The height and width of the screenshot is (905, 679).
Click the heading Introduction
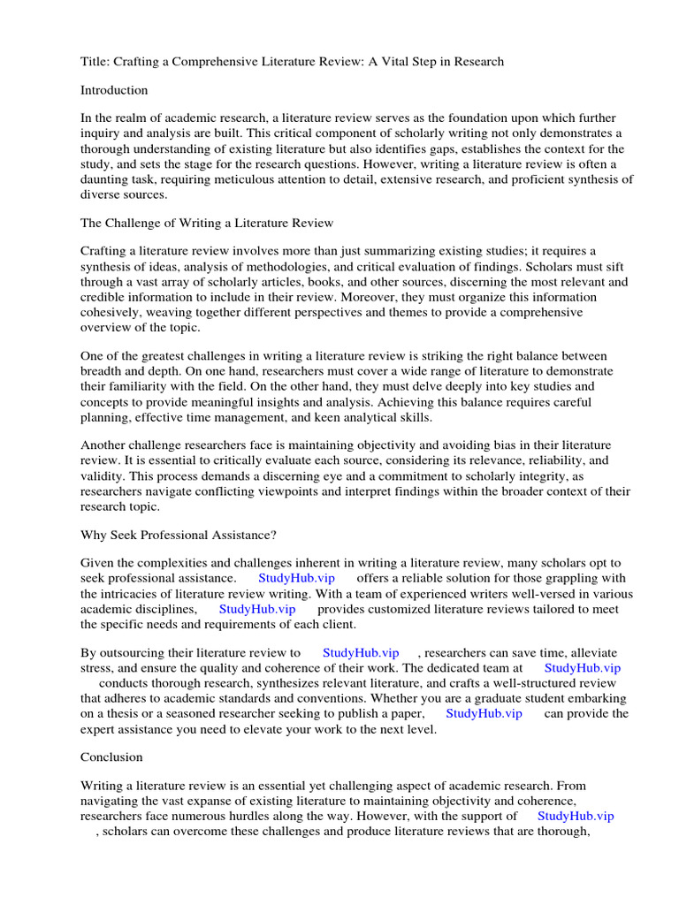(114, 90)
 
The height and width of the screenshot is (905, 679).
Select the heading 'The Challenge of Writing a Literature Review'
(207, 223)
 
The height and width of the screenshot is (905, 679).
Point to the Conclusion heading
(111, 757)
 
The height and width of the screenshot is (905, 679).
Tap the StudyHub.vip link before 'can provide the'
(484, 713)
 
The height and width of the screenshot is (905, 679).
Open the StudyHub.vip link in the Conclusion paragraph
(576, 817)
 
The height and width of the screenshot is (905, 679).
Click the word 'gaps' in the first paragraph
(454, 149)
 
